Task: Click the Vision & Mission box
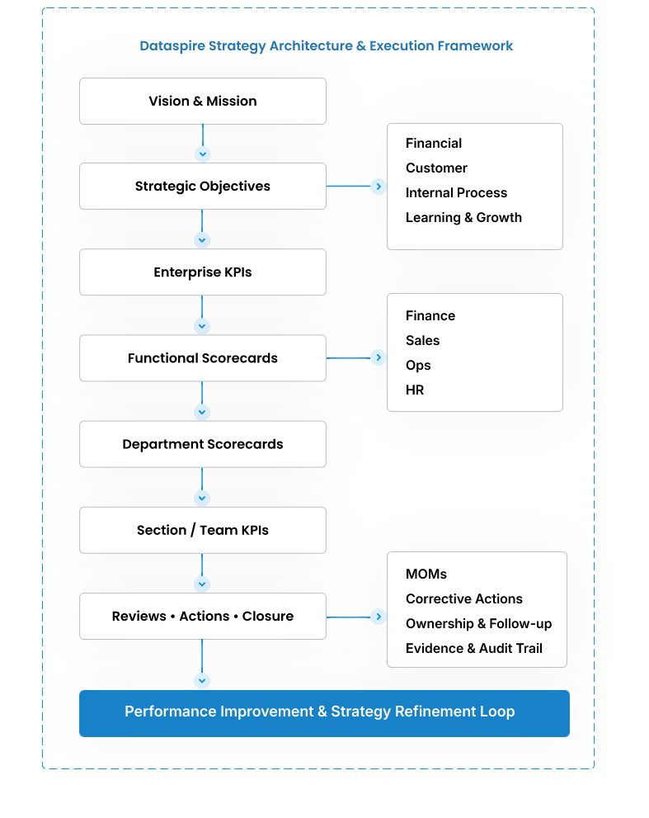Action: coord(203,102)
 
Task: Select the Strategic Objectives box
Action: coord(203,187)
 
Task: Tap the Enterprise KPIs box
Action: coord(203,272)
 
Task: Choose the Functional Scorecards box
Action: coord(203,358)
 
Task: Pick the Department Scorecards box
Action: coord(203,444)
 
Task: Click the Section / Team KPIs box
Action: coord(203,530)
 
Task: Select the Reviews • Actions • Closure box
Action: coord(203,617)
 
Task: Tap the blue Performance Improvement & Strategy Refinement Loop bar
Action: coord(324,712)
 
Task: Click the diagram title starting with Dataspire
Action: coord(326,46)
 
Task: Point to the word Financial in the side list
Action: coord(434,144)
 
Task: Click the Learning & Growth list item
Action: coord(463,218)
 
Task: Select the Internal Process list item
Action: coord(456,193)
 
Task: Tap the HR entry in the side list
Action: coord(415,390)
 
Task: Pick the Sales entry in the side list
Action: coord(422,341)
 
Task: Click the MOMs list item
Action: coord(426,574)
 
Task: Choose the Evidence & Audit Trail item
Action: coord(474,649)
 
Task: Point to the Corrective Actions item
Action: coord(464,599)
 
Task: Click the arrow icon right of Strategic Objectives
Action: coord(379,187)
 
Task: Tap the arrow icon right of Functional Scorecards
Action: coord(379,358)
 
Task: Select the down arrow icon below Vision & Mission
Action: coord(202,154)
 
